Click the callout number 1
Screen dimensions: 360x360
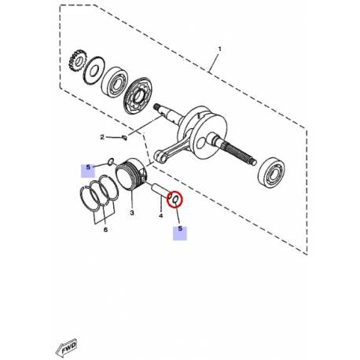pos(220,49)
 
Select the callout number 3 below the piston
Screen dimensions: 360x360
pos(133,213)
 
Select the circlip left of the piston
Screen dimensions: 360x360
pos(111,163)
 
